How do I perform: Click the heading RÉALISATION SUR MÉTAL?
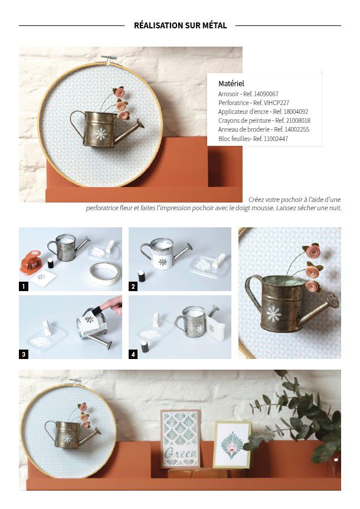180,25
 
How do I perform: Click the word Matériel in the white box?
231,83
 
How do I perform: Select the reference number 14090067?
266,94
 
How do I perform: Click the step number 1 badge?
24,286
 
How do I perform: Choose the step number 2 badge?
133,286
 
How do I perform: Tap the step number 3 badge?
24,354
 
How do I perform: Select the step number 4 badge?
133,354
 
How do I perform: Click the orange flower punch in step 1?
31,262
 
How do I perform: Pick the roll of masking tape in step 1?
104,273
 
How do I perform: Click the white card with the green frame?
232,445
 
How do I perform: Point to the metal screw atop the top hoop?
109,58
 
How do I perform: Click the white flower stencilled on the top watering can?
100,133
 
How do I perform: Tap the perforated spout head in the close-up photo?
332,300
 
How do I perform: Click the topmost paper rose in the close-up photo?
313,250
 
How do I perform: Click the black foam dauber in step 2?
142,276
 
